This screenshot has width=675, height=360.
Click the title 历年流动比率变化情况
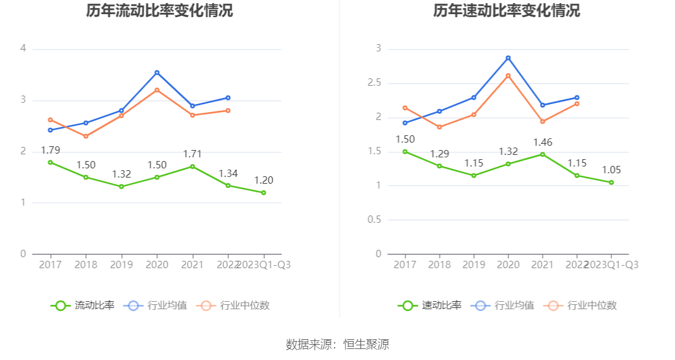point(159,10)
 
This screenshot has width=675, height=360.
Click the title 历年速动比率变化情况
point(507,10)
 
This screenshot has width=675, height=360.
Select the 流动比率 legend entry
point(83,306)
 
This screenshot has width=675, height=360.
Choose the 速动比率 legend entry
point(430,306)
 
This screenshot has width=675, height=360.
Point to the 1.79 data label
point(50,150)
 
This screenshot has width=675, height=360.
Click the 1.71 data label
point(192,154)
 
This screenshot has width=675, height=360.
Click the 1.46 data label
point(542,143)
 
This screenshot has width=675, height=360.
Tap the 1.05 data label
point(611,170)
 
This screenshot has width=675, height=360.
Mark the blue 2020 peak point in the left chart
point(157,73)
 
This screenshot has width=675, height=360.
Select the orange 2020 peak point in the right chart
point(508,76)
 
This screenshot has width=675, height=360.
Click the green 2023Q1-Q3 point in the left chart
point(263,192)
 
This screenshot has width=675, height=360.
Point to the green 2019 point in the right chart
point(473,176)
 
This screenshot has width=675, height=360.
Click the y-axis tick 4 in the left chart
point(23,48)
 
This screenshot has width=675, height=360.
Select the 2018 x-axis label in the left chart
point(86,264)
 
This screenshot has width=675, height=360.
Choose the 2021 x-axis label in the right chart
point(542,264)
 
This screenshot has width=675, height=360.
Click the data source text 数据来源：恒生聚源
point(337,345)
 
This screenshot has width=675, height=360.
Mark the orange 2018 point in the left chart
point(86,136)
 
